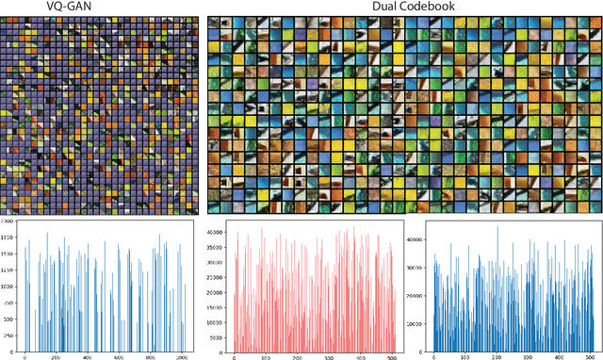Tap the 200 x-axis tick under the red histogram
click(296, 356)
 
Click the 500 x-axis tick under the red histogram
click(391, 356)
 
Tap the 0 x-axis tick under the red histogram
click(234, 356)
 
